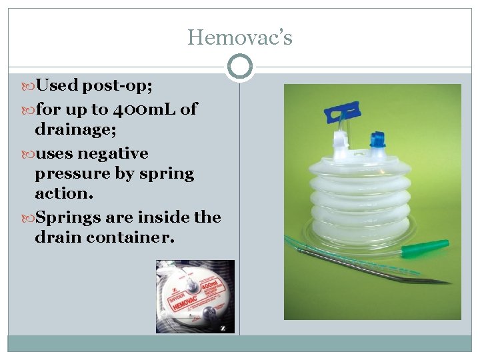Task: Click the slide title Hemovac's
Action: [x=239, y=37]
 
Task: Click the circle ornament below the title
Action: [x=239, y=67]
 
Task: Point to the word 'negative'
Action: [x=113, y=153]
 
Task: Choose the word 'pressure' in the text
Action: [x=67, y=174]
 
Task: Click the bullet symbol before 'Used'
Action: [x=29, y=86]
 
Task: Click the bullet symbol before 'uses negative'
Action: [x=29, y=154]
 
